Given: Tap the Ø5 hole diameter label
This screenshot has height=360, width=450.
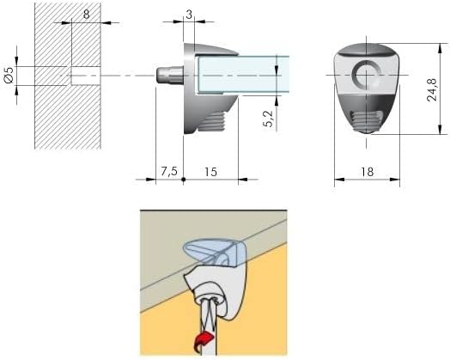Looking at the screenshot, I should coord(9,76).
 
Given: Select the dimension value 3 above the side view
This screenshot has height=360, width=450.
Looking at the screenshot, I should coord(189,15).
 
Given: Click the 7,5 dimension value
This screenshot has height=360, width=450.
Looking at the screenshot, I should coord(168,171).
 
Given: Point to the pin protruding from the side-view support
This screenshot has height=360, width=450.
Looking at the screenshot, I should coord(167,76).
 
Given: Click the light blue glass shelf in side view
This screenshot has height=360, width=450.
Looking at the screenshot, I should coord(236,75).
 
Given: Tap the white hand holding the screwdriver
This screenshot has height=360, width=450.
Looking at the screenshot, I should coord(215,296).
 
